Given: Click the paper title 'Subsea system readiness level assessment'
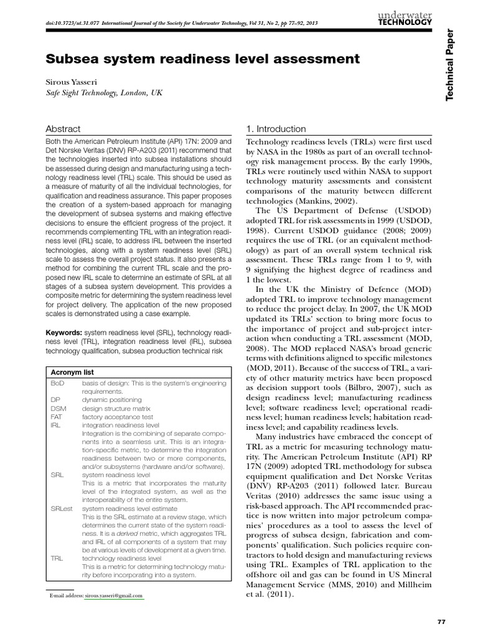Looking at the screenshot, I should (202, 59).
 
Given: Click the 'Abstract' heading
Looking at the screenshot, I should (63, 129).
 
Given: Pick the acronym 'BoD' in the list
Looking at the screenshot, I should (57, 384).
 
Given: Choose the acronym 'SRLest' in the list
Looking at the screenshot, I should (61, 508).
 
